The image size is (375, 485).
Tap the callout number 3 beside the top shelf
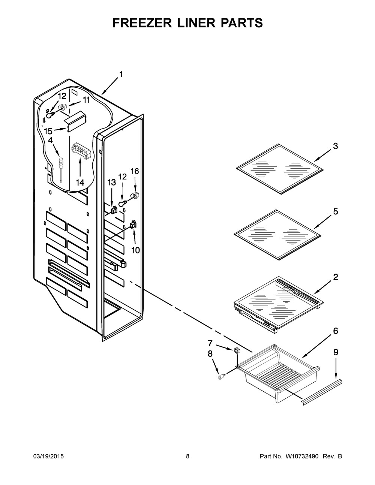tap(335, 146)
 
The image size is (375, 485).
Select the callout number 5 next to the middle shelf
tap(335, 212)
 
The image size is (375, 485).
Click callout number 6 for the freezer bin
tap(335, 331)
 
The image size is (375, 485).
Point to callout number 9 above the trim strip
tap(336, 352)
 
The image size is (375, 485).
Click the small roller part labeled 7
tap(237, 350)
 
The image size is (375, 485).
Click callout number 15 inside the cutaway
tap(48, 131)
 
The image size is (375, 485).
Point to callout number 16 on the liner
tap(134, 171)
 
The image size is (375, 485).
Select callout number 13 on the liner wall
tap(111, 182)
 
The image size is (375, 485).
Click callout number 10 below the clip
tap(135, 250)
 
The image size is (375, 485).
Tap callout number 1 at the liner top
tap(121, 74)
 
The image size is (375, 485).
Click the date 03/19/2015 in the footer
tap(49, 457)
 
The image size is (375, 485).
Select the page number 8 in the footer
tap(187, 457)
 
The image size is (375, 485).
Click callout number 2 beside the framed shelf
tap(335, 277)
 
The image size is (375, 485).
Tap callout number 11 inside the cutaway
tap(86, 100)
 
